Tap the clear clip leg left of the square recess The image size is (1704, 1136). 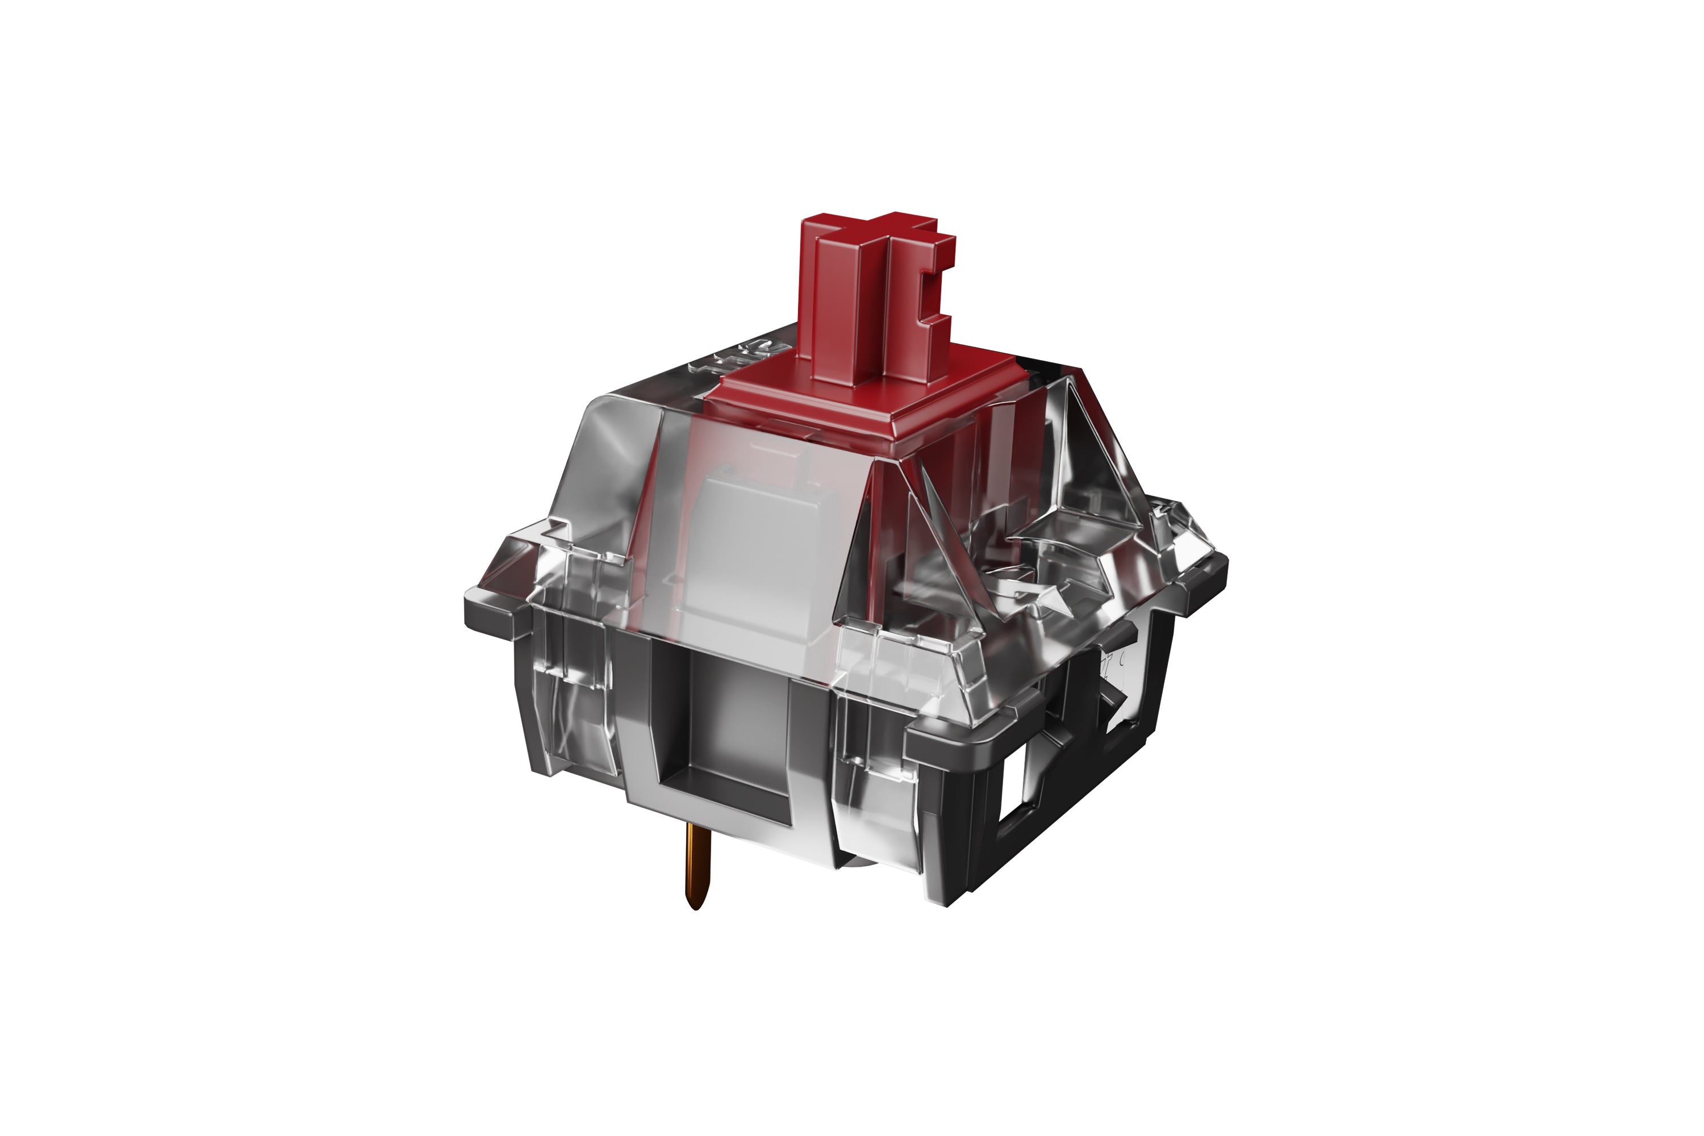point(573,695)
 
